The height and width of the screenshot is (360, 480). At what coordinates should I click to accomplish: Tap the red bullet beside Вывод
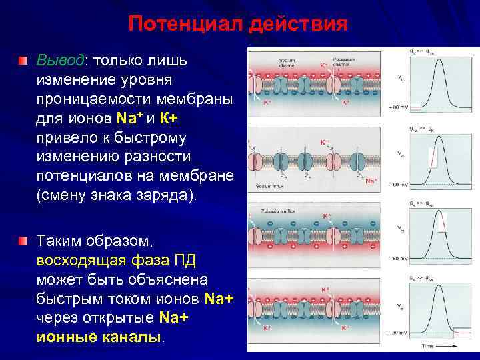[24, 61]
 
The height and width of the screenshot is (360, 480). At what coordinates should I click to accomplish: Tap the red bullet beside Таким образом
[24, 239]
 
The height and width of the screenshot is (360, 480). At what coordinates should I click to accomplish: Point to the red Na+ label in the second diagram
[371, 181]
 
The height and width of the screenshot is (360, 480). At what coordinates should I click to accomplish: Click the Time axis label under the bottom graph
[429, 346]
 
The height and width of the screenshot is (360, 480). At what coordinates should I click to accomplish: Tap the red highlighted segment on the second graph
[432, 158]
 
